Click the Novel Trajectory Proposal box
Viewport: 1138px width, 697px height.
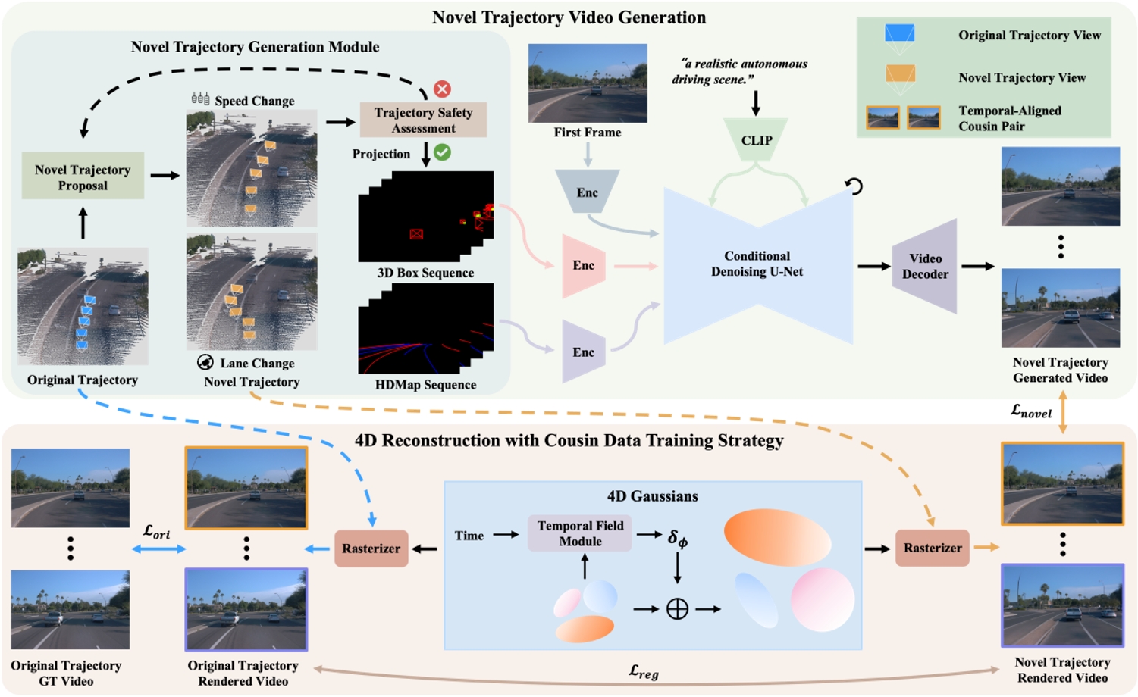(83, 177)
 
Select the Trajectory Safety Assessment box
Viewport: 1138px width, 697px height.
(423, 120)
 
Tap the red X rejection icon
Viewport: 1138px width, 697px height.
(442, 89)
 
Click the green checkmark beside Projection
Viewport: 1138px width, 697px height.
(442, 152)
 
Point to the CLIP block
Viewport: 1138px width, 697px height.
(756, 140)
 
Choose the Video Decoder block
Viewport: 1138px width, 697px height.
(925, 266)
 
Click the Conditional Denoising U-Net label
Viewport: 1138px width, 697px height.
(757, 264)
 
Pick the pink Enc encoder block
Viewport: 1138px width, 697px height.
(583, 265)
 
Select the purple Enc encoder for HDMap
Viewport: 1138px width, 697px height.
(583, 352)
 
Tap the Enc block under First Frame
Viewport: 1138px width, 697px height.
(587, 192)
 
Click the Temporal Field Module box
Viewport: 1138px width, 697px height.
(580, 533)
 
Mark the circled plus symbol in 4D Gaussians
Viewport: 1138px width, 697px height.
(677, 608)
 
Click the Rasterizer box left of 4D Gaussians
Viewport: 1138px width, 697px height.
(371, 548)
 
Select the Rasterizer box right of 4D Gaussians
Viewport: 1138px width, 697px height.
(932, 548)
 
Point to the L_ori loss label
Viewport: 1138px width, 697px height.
(156, 532)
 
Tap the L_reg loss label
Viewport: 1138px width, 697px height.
(644, 670)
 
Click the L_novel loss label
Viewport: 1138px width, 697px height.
(1031, 411)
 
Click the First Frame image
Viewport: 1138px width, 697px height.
(588, 83)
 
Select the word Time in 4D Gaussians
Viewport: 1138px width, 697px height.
(469, 536)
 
